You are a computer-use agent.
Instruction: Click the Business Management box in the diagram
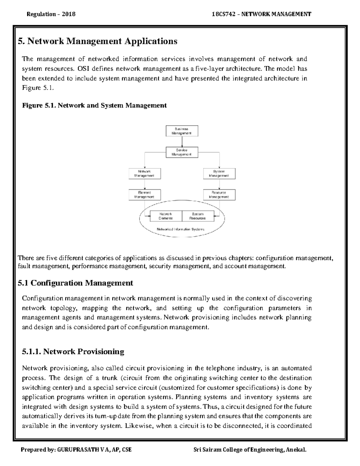[182, 131]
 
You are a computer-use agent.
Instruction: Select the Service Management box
[182, 152]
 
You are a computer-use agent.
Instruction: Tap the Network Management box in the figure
[145, 173]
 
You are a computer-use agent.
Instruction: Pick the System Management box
[219, 173]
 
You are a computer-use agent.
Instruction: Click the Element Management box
[145, 195]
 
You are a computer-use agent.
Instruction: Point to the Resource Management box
[219, 195]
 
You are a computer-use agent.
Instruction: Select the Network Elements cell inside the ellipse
[166, 216]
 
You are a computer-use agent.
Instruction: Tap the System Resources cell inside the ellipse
[198, 216]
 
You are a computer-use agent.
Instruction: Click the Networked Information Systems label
[181, 229]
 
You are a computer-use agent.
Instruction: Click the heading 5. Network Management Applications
[97, 41]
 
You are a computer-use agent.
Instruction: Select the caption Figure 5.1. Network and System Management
[94, 105]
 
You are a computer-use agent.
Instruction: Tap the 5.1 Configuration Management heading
[75, 283]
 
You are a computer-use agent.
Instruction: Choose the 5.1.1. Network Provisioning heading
[73, 351]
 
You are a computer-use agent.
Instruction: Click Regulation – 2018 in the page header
[51, 14]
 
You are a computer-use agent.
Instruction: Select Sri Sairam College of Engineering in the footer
[238, 450]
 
